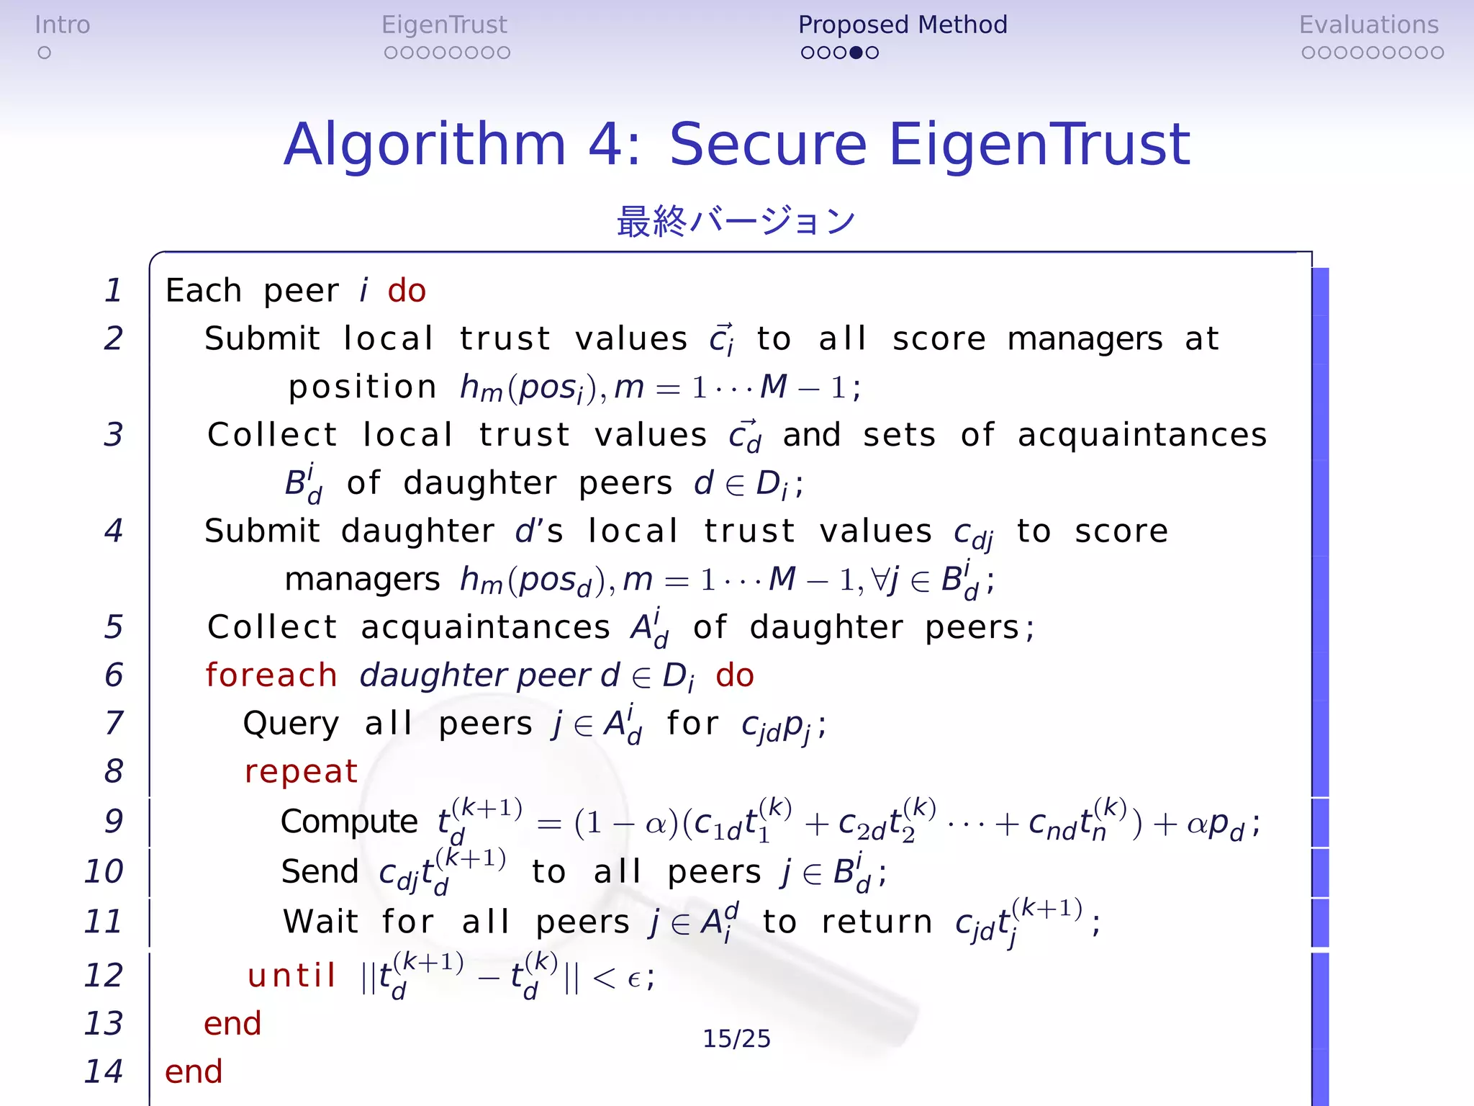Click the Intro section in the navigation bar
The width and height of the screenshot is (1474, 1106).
pos(63,25)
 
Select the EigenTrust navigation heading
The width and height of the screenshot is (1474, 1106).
pos(444,25)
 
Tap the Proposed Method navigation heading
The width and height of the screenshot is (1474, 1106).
pos(903,25)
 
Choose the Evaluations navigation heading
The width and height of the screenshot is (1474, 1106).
pos(1368,25)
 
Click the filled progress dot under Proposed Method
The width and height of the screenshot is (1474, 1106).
pos(856,53)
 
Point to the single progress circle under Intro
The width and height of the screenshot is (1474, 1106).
pos(45,53)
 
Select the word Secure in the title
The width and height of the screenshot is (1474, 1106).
pos(768,144)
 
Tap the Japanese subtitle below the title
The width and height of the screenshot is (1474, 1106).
pos(736,221)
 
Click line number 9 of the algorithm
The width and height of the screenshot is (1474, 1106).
pos(114,821)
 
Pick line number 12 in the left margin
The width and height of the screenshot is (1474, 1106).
pos(104,975)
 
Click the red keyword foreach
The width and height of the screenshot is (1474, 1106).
pos(271,675)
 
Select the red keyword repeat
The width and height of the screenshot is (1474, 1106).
pos(301,772)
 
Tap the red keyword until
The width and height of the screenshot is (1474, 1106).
pos(291,976)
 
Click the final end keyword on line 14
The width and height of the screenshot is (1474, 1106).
pos(194,1071)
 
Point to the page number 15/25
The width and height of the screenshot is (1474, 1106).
pos(736,1038)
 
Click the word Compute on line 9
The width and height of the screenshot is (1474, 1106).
pos(349,822)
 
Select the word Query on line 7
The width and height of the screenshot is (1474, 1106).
pos(291,724)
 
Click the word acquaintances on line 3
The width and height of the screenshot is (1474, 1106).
pos(1142,435)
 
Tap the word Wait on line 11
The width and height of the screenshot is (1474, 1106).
pos(320,922)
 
